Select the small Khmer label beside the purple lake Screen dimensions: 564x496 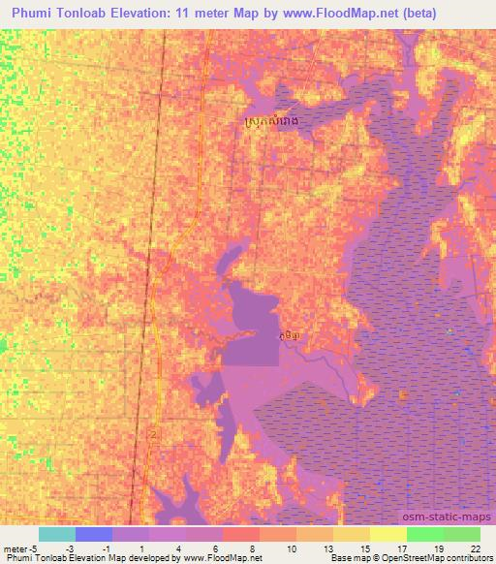[288, 335]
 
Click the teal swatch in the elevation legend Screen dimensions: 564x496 [56, 534]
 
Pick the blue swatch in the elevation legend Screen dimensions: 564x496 [93, 534]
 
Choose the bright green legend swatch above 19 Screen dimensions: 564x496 [424, 534]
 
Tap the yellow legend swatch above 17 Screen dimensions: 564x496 [387, 534]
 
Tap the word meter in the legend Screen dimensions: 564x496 [14, 548]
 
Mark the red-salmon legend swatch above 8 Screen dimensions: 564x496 [240, 534]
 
